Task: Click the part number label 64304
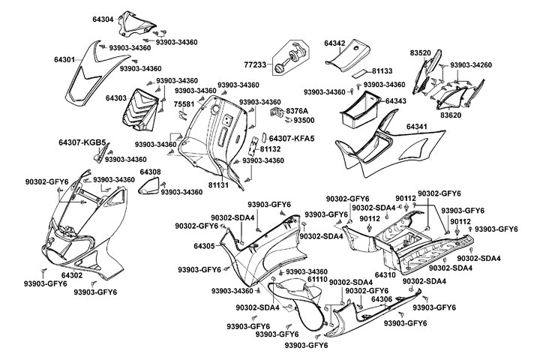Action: point(103,19)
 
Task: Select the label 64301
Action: point(64,59)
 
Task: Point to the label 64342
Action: point(334,44)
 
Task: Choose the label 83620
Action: point(451,115)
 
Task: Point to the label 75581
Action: point(184,104)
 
